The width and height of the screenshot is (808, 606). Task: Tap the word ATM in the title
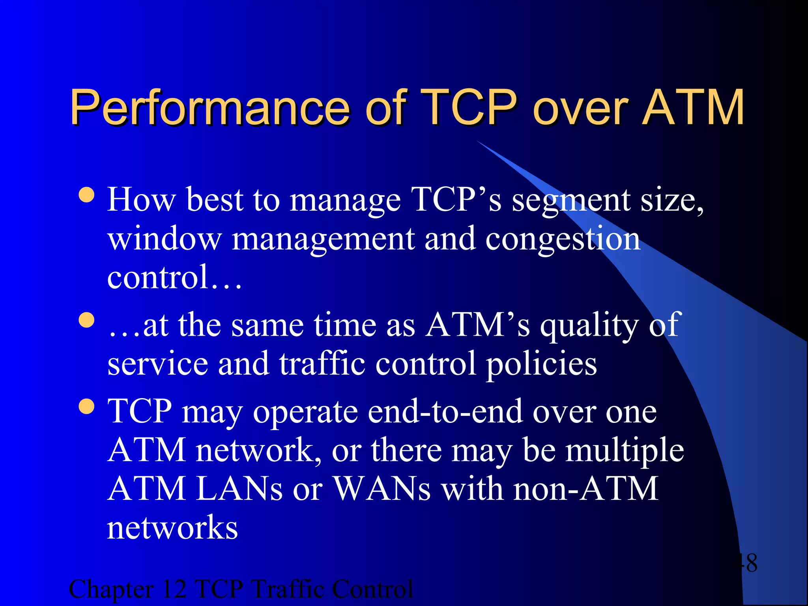[x=693, y=107]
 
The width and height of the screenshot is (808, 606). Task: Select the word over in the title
[x=580, y=107]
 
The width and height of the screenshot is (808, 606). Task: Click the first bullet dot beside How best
[x=86, y=195]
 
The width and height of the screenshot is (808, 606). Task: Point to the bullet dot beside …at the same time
[x=86, y=320]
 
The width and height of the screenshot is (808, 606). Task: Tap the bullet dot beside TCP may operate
[x=86, y=407]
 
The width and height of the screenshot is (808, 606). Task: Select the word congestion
[x=563, y=240]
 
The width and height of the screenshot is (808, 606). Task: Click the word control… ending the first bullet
[x=174, y=277]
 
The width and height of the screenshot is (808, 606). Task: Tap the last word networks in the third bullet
[x=172, y=528]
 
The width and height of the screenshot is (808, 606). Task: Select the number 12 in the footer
[x=174, y=589]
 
